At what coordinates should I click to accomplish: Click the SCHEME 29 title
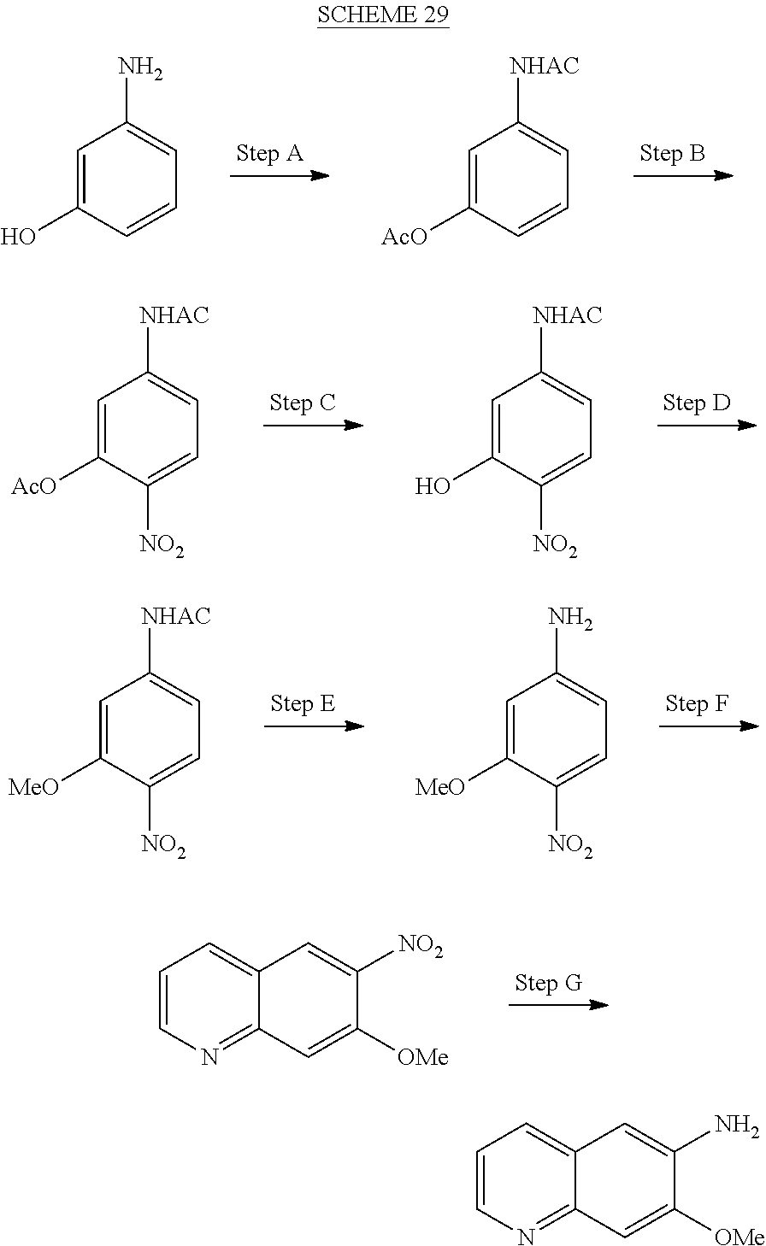click(383, 15)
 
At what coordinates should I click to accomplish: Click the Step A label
click(269, 154)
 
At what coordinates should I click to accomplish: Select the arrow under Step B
click(683, 175)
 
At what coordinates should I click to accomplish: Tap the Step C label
click(303, 403)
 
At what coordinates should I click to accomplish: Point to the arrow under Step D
click(706, 425)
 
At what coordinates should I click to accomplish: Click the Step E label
click(303, 703)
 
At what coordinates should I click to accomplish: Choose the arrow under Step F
click(708, 726)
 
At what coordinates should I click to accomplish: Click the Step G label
click(548, 983)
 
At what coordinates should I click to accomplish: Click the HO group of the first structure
click(19, 237)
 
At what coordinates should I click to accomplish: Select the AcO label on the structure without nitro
click(404, 237)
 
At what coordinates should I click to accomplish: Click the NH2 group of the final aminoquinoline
click(736, 1125)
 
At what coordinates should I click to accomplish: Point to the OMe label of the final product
click(738, 1237)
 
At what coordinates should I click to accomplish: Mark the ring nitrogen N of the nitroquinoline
click(209, 1058)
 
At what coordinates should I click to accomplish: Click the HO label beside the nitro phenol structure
click(432, 487)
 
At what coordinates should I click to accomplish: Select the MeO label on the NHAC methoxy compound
click(34, 787)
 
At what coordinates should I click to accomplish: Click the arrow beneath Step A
click(280, 175)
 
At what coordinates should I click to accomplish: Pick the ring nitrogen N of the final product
click(526, 1237)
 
